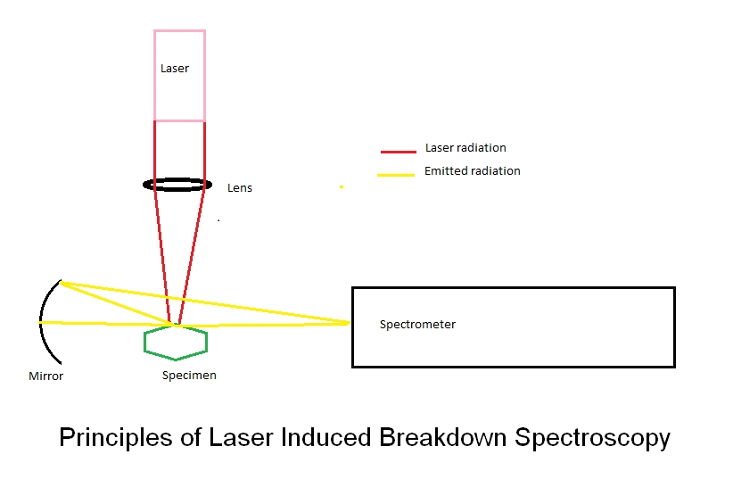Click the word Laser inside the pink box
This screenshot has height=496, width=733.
(175, 69)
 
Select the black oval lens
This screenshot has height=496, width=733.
(178, 185)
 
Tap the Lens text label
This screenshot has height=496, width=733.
(240, 188)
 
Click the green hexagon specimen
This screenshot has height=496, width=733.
(176, 343)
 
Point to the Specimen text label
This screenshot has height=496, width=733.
(189, 376)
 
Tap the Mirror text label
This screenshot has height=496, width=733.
(46, 376)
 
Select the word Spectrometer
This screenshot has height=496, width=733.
(417, 325)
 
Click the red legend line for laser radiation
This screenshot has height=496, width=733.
(399, 152)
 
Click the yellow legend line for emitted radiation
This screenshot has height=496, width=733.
(396, 174)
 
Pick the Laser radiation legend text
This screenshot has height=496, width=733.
(465, 148)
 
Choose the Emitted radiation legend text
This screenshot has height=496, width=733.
(472, 170)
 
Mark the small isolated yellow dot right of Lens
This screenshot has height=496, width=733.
(341, 187)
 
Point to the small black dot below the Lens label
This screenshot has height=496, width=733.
(218, 219)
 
